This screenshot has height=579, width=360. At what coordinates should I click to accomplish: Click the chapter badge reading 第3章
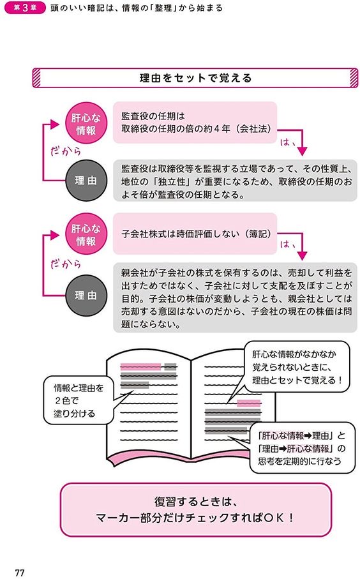[25, 8]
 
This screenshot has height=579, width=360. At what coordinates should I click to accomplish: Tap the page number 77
[20, 573]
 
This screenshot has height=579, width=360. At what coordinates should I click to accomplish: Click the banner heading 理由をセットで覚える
[195, 78]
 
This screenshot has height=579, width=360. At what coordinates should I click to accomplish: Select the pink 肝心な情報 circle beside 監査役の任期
[86, 124]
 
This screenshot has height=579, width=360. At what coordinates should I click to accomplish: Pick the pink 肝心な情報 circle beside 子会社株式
[86, 234]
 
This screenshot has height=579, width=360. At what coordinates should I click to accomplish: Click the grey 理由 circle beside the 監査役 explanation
[86, 181]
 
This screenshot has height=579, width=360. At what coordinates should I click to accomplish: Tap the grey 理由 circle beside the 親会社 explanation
[86, 296]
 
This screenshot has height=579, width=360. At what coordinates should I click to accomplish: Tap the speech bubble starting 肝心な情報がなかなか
[297, 367]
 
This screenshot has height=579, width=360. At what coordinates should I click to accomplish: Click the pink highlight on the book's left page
[140, 366]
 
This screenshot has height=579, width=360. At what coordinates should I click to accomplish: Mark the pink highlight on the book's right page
[248, 403]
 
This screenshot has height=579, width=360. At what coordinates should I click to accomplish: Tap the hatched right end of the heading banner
[354, 78]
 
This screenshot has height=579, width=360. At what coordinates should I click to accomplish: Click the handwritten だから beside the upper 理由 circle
[66, 151]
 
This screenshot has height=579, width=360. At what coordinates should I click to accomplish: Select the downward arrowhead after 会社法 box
[303, 151]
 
